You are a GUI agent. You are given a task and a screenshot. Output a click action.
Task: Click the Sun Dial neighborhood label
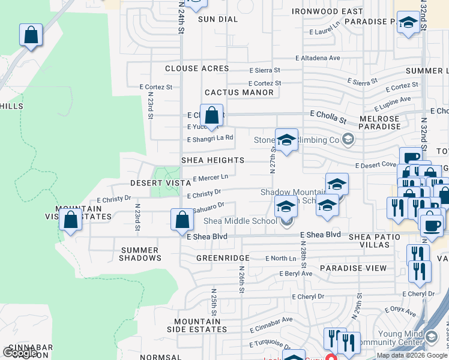218,19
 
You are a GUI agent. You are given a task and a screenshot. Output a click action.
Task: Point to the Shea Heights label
212,160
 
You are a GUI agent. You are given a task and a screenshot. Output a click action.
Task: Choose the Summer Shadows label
141,254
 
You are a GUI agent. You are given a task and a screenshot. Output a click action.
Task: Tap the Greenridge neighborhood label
223,258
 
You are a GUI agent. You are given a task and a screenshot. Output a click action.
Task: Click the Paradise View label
353,268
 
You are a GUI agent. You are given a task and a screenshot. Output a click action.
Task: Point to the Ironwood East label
327,11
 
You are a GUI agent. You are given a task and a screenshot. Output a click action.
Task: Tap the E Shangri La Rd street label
210,137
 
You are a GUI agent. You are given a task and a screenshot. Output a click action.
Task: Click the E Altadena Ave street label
318,58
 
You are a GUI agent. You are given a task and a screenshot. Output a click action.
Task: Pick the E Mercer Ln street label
210,178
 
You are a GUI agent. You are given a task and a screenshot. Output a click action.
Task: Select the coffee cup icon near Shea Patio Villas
431,225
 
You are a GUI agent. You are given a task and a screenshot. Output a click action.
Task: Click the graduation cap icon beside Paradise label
408,23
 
